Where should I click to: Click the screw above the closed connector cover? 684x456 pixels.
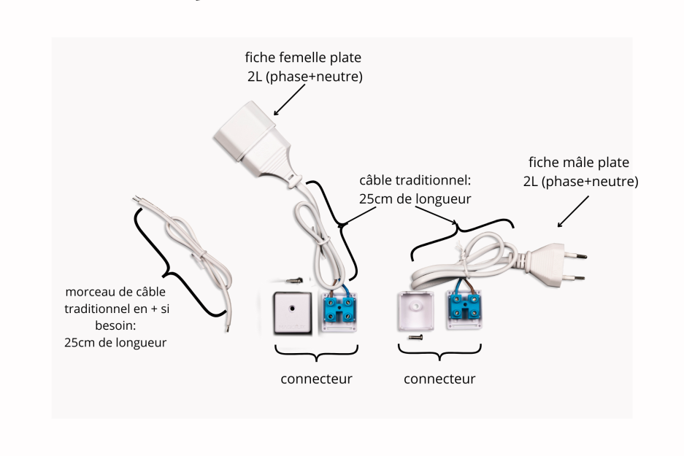point(293,278)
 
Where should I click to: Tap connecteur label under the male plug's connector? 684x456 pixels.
point(439,379)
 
